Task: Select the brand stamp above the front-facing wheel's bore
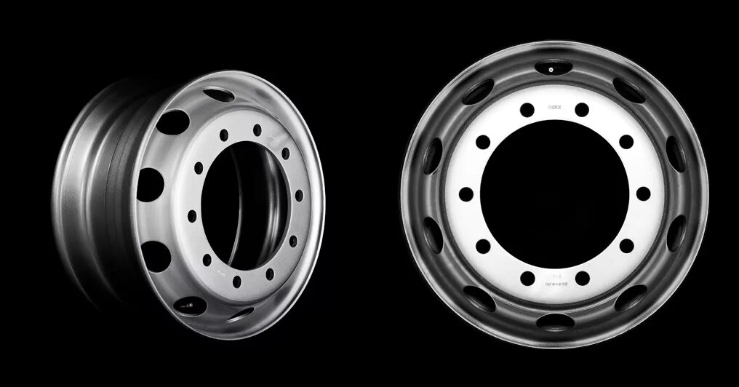tap(554, 107)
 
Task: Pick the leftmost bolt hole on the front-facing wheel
tap(466, 193)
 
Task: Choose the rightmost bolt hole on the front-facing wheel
tap(643, 193)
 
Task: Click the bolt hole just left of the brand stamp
tap(527, 110)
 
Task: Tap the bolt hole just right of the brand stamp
tap(582, 110)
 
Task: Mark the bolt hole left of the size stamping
tap(527, 277)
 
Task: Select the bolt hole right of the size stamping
tap(582, 277)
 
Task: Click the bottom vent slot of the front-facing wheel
tap(554, 321)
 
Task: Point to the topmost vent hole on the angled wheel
tap(215, 94)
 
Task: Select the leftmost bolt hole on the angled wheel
tap(191, 215)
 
